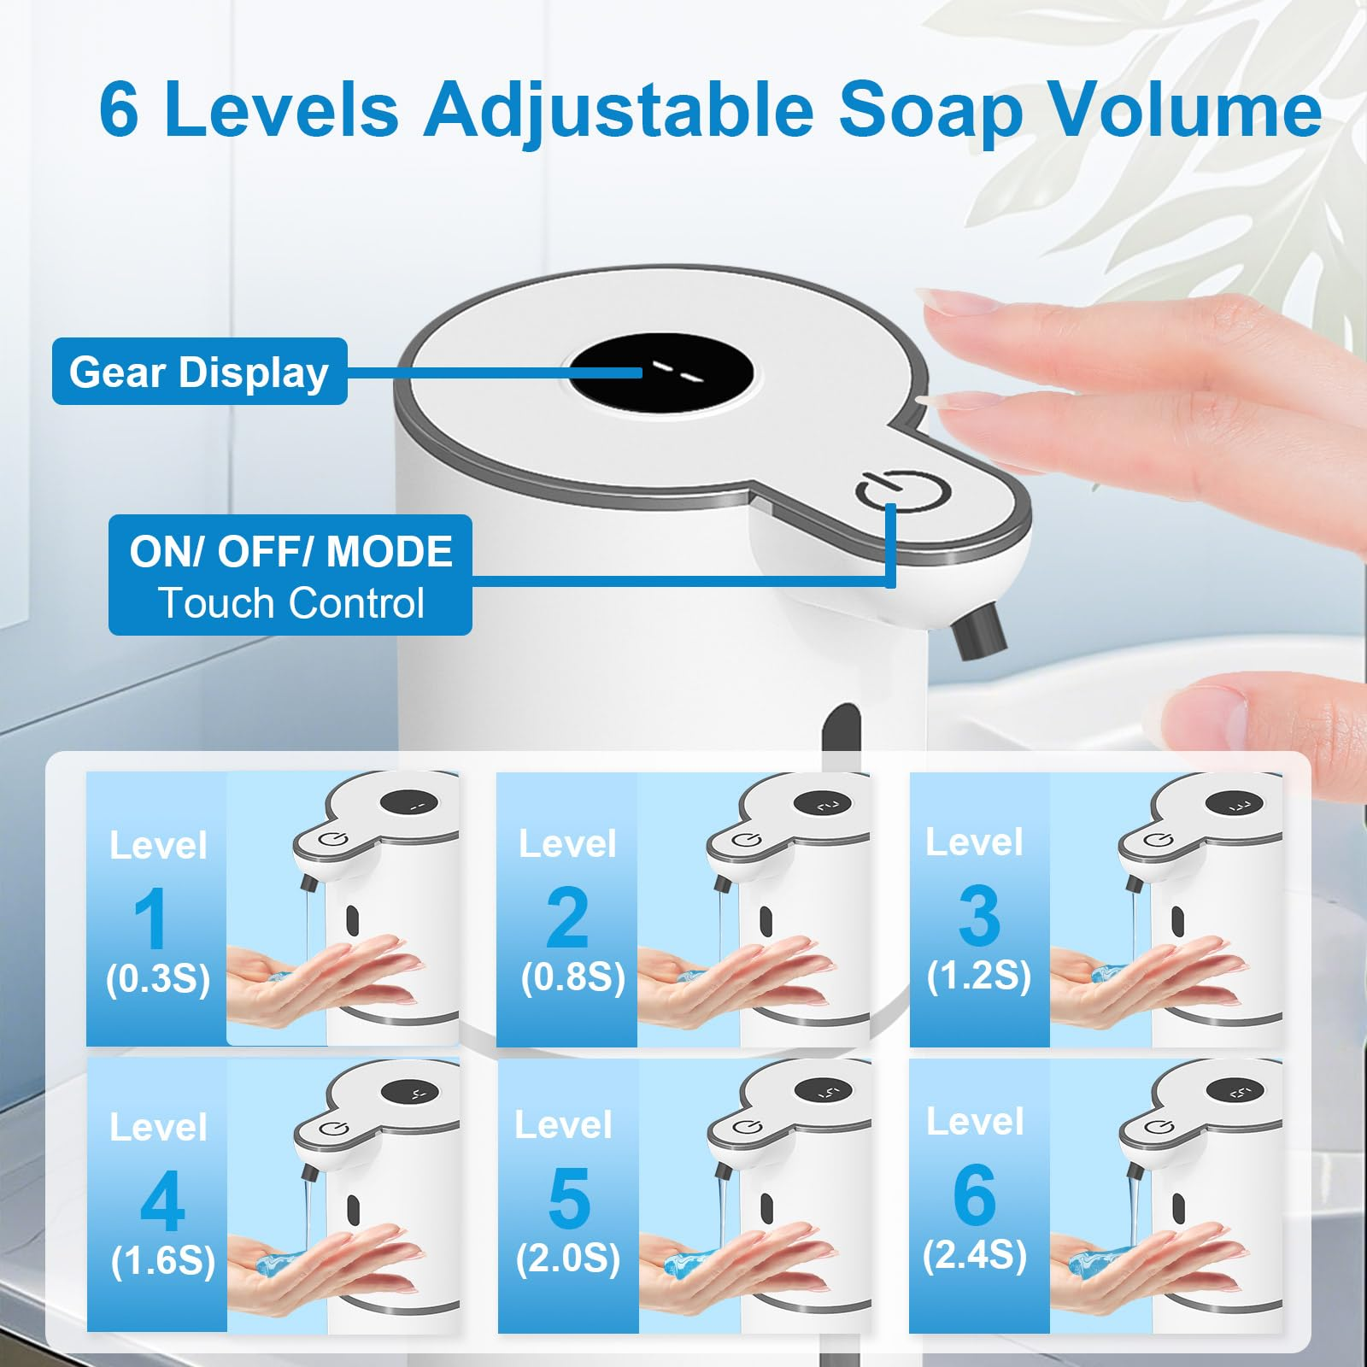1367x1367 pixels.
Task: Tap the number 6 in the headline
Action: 119,109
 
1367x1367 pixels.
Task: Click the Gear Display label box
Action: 199,372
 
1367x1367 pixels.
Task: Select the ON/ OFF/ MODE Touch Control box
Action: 290,575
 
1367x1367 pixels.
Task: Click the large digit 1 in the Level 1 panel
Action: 151,918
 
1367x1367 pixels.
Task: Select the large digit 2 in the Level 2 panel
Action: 567,918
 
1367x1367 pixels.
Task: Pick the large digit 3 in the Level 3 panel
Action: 979,915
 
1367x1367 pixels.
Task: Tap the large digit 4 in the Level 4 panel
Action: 162,1201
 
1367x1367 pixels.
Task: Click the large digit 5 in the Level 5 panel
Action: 569,1198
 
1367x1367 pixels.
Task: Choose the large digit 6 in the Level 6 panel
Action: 975,1194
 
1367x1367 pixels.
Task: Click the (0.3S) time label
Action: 158,978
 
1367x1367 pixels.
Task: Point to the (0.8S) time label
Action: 573,977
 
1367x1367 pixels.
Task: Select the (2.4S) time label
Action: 975,1255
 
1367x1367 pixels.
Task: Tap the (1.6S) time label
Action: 163,1261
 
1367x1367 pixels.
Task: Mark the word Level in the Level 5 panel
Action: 563,1125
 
